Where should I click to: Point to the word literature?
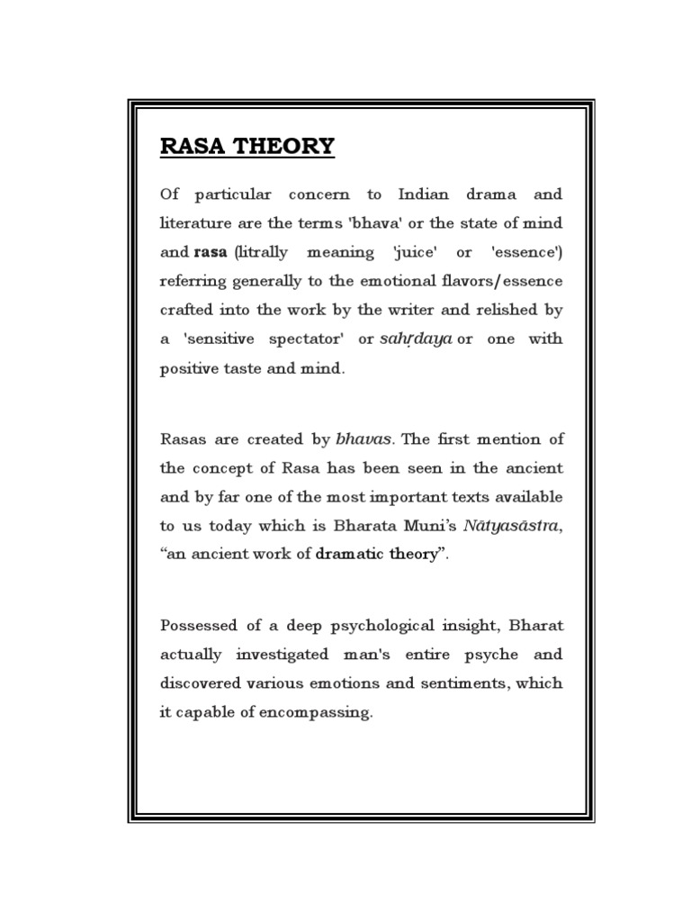[x=197, y=222]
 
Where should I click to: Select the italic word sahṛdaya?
[x=417, y=339]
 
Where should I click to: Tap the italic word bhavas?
[x=364, y=439]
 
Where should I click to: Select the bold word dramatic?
[x=350, y=555]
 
